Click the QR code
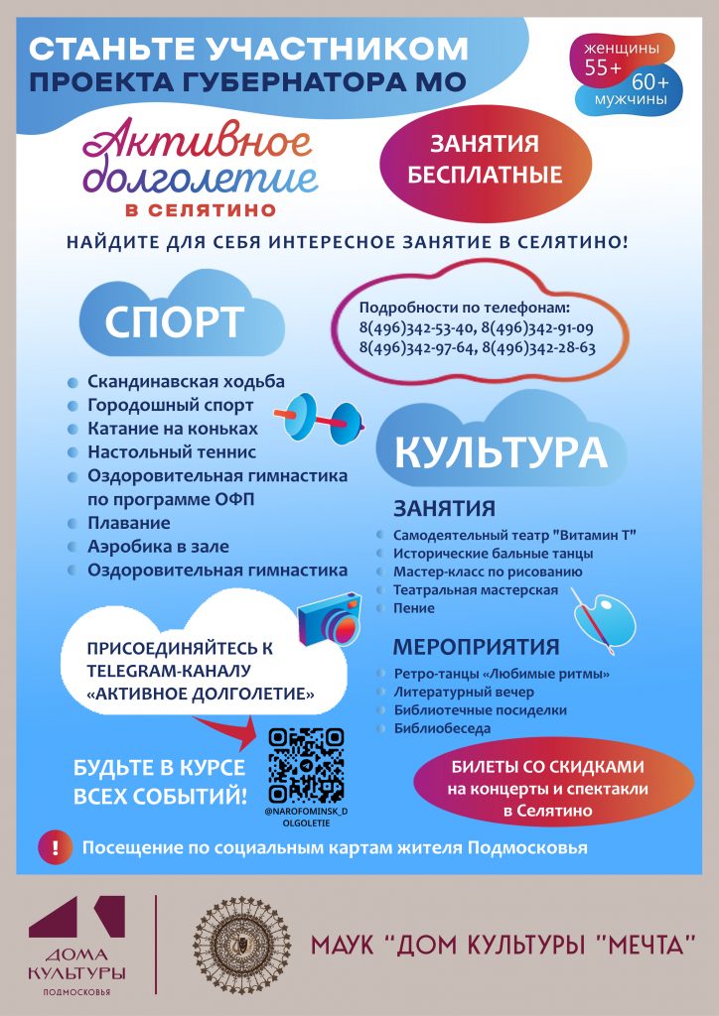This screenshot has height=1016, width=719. (306, 764)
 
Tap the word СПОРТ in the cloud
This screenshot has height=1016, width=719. (175, 323)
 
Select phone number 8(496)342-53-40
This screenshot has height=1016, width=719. (416, 328)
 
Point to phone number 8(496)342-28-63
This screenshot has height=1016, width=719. (538, 348)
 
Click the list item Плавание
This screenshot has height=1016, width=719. (128, 523)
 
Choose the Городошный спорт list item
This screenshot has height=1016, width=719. (170, 406)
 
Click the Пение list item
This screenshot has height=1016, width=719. (413, 608)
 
